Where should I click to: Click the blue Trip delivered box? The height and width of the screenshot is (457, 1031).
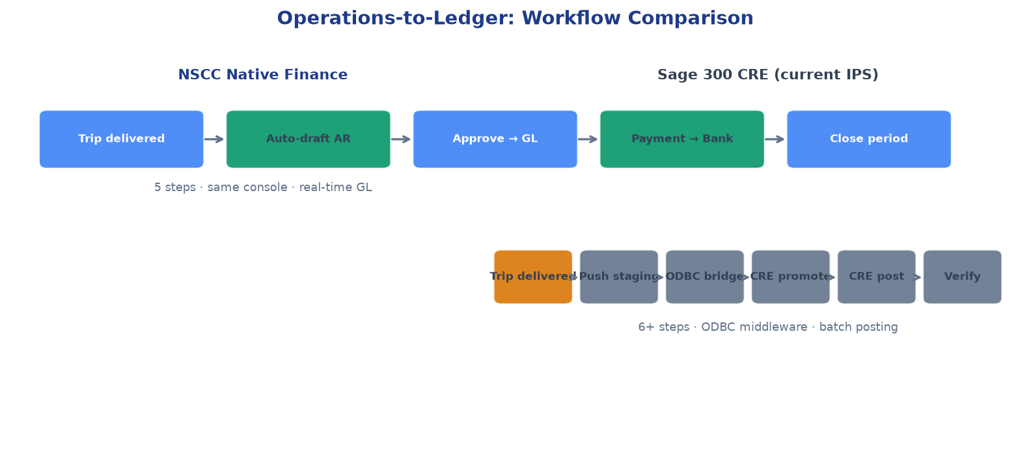click(x=122, y=139)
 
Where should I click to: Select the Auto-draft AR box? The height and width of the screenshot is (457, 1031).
click(x=309, y=139)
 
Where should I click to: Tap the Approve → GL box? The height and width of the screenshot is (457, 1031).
click(x=495, y=139)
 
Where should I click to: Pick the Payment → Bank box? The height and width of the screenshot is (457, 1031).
click(x=682, y=139)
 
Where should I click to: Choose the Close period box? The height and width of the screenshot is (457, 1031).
click(x=869, y=139)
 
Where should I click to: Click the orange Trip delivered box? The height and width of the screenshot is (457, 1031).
click(x=533, y=277)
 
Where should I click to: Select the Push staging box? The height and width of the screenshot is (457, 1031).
click(x=619, y=277)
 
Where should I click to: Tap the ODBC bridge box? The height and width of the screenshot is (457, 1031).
click(x=705, y=277)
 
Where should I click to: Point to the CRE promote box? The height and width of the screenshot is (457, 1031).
click(x=791, y=277)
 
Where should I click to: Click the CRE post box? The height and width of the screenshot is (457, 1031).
click(x=876, y=277)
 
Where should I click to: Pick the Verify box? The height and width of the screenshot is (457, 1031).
click(x=963, y=277)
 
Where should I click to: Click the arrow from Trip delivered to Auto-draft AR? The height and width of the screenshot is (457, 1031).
click(x=214, y=139)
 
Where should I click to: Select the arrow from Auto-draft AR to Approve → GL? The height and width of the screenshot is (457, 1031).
click(x=401, y=139)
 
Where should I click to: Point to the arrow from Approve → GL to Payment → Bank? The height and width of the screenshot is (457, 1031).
click(x=588, y=139)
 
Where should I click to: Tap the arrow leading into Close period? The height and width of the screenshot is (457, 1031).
click(x=775, y=139)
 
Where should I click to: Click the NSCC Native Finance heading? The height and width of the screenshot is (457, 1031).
click(x=263, y=75)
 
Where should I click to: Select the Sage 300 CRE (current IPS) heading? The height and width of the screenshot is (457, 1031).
click(x=768, y=75)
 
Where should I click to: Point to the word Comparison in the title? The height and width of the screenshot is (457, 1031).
click(x=691, y=18)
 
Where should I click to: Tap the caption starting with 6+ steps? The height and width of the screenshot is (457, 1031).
click(x=768, y=327)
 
